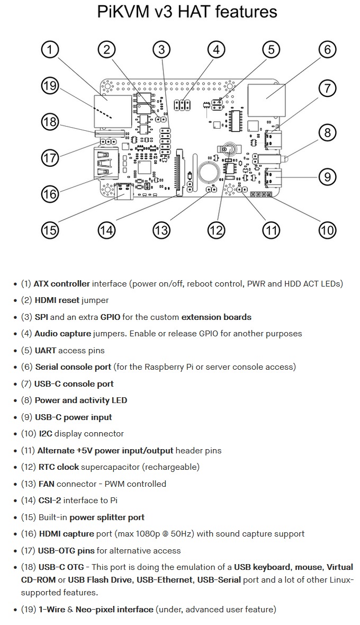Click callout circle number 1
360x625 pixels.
click(50, 50)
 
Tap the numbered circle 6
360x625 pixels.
click(327, 50)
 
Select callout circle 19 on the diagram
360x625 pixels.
click(50, 86)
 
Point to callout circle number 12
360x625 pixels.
click(216, 230)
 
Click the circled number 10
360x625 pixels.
click(327, 230)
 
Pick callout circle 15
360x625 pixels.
click(50, 230)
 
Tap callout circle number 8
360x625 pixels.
click(327, 133)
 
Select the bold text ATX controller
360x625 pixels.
click(62, 284)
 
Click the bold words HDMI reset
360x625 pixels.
click(57, 300)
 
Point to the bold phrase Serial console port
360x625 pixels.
click(73, 367)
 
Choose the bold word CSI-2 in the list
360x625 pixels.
click(50, 500)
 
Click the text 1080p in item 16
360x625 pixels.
click(150, 534)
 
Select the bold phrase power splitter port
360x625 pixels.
click(107, 517)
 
